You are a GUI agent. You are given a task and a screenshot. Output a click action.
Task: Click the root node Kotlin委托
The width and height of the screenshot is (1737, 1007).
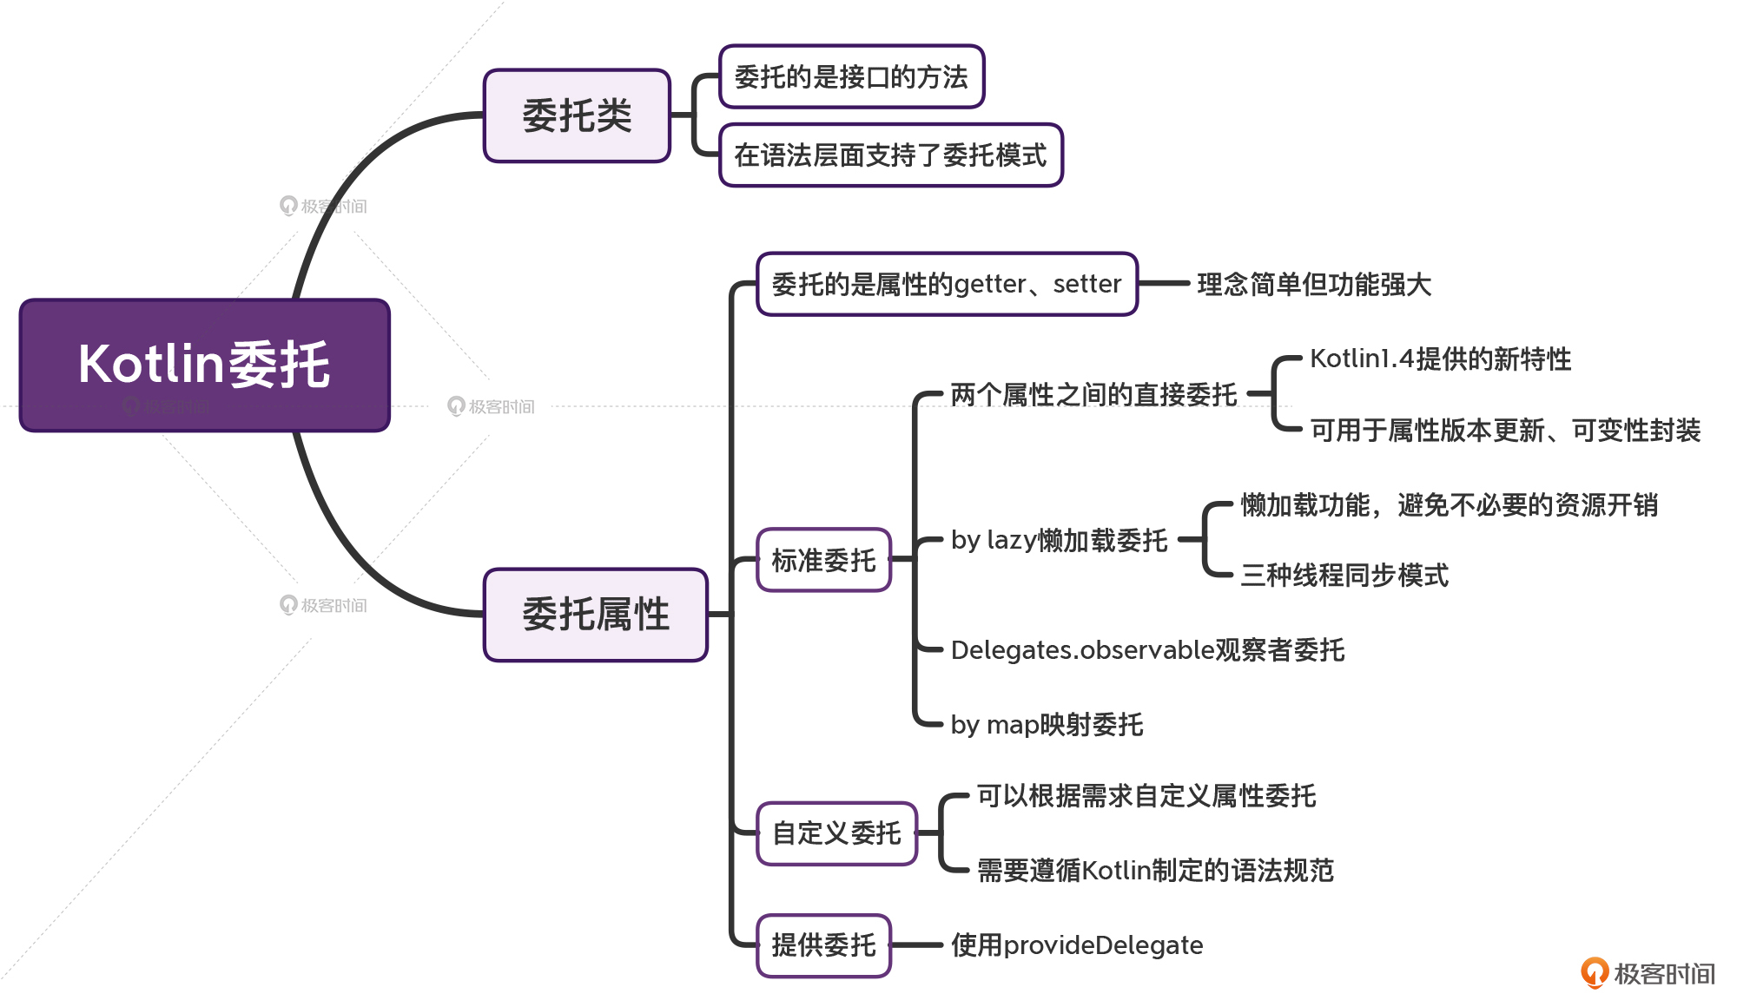[205, 365]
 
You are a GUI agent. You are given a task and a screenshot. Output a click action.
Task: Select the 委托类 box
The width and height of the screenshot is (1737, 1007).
[577, 115]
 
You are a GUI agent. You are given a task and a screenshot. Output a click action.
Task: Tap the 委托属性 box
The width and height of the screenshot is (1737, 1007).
[596, 615]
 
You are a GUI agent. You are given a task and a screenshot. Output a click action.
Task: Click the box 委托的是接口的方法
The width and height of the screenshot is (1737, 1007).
[851, 76]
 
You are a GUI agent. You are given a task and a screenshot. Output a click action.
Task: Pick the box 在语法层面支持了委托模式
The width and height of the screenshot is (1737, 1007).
[891, 155]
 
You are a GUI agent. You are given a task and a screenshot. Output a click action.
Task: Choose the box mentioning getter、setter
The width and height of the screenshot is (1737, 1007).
[947, 284]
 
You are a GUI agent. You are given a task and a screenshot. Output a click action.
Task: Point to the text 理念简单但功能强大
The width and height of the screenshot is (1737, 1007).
[1314, 284]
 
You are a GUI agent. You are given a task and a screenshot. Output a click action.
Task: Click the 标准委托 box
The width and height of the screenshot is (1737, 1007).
[823, 560]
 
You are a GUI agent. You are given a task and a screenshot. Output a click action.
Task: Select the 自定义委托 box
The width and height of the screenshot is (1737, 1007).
[836, 833]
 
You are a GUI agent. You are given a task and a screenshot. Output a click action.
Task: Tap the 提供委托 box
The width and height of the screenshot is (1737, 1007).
[823, 944]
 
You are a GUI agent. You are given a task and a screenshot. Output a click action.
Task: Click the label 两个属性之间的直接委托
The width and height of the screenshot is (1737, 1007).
[1093, 395]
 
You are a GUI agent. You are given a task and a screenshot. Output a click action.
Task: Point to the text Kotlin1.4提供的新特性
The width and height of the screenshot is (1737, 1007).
[1440, 359]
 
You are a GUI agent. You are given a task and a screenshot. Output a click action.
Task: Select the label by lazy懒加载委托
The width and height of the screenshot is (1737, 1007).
[1059, 540]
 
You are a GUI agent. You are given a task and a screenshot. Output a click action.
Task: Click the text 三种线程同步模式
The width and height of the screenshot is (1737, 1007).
[1344, 575]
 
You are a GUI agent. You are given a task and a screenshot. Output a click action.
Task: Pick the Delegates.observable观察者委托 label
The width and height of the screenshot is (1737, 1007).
[1147, 649]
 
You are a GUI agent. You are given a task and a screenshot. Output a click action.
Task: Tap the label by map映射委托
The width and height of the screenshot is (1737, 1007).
[1047, 724]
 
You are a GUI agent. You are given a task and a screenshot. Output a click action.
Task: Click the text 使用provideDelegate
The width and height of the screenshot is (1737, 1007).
[1077, 944]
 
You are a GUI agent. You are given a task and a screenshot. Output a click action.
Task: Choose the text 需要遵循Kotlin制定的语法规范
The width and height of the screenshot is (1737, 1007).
[1155, 870]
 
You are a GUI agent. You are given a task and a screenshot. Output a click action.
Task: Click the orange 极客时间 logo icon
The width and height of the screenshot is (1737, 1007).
[1595, 972]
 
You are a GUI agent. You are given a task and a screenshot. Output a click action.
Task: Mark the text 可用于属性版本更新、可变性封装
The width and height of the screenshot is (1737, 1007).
[1505, 431]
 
